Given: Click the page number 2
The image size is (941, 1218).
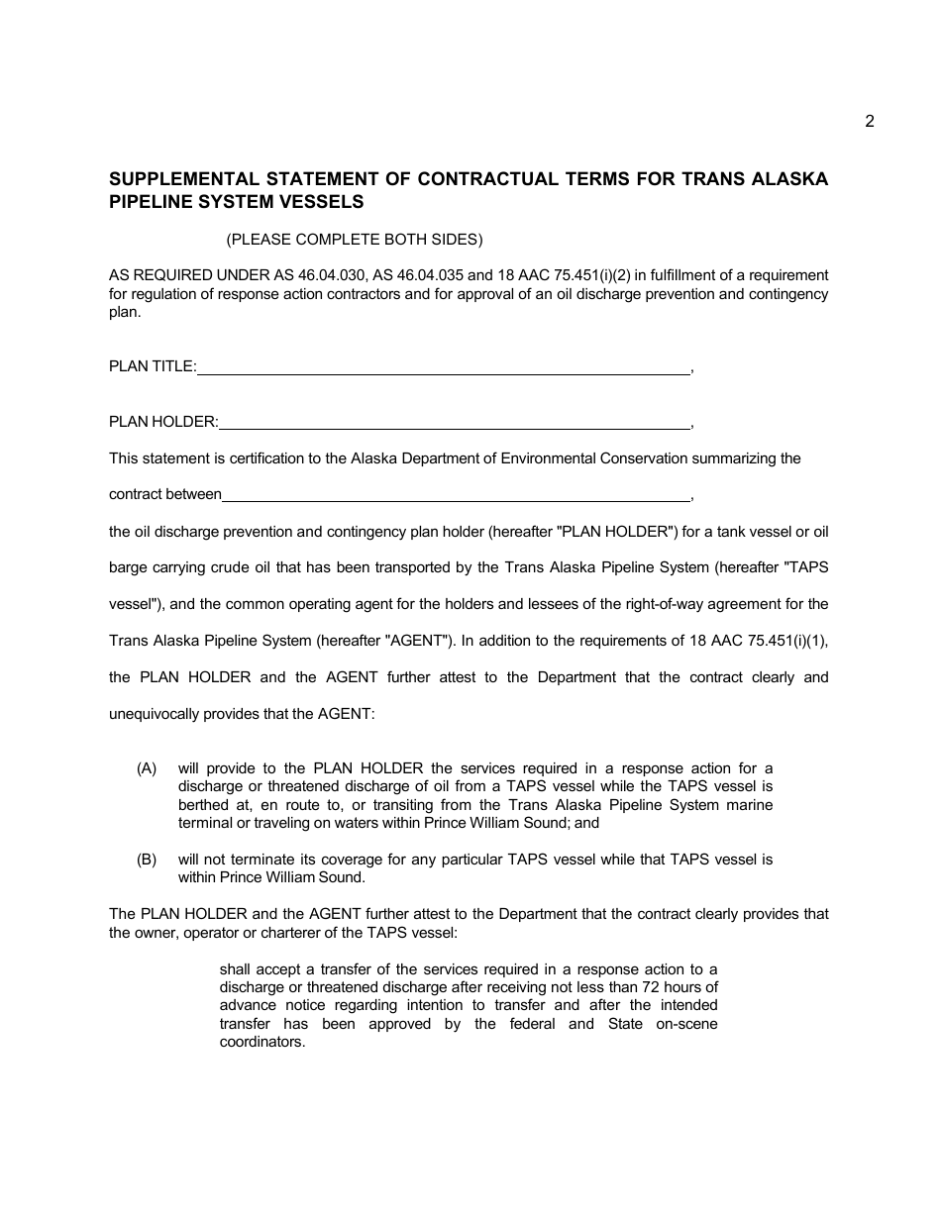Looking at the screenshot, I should [869, 122].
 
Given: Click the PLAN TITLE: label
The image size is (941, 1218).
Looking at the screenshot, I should [153, 366].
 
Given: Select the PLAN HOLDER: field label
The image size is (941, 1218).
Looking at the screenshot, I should [163, 421].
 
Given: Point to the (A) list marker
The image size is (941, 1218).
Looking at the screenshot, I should [148, 768].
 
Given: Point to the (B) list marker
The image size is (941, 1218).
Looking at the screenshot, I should [148, 860].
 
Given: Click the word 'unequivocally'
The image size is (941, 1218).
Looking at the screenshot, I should [153, 714].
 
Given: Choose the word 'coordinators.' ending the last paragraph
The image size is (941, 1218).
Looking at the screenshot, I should [262, 1042].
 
